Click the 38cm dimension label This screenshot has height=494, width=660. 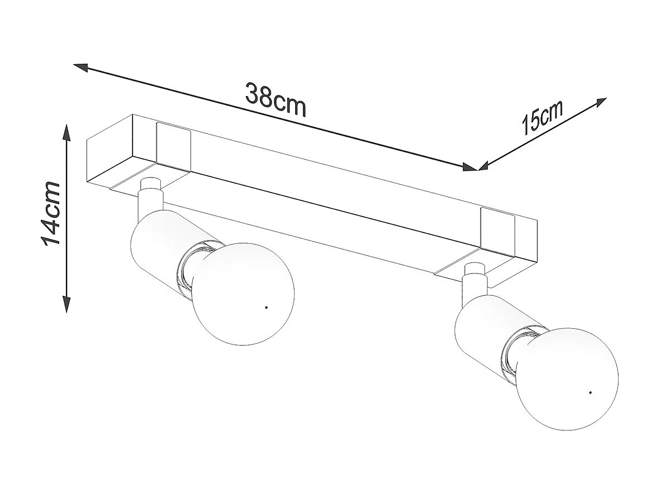[276, 100]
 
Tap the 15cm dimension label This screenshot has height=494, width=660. [541, 118]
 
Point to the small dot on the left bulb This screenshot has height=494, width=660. [265, 308]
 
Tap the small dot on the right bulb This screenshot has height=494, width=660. [590, 392]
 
